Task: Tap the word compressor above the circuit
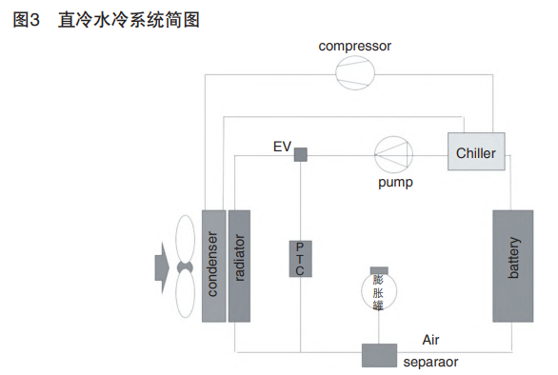355,46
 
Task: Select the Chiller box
476,153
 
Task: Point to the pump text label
393,183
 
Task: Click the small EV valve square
300,154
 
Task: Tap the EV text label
281,147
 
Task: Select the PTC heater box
300,258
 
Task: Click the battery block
513,266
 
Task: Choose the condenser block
212,266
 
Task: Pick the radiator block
239,266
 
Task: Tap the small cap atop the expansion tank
378,269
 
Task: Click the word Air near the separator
430,340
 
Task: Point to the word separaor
430,363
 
